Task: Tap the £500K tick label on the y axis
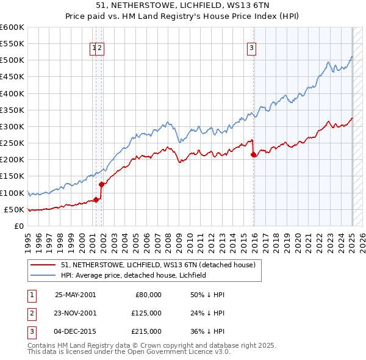coord(12,60)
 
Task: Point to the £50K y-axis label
coord(15,209)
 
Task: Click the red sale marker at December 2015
coord(253,155)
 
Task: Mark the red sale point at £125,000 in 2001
coord(102,184)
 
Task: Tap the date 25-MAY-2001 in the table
coord(75,294)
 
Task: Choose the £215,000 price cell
coord(147,331)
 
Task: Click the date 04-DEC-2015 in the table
coord(75,331)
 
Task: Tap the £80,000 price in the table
coord(148,294)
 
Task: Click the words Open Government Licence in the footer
coord(181,351)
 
